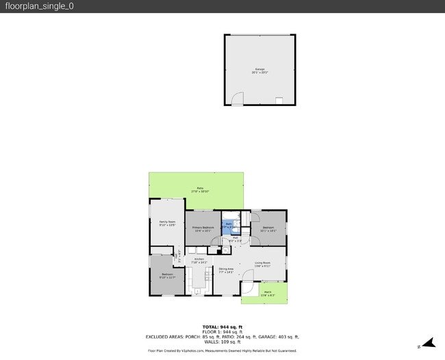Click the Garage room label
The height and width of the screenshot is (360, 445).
pos(260,70)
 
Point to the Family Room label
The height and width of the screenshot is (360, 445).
pos(168,223)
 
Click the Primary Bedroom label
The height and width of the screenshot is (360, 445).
pos(203,229)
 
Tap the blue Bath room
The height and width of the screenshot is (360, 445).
pos(229,226)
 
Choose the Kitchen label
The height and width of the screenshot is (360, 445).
pos(199,260)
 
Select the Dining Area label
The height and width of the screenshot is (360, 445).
pos(226,270)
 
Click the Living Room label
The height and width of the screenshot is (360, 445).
pos(263,264)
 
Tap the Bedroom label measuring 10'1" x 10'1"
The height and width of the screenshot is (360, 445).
pos(267,229)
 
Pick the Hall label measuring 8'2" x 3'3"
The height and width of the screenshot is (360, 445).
pos(234,240)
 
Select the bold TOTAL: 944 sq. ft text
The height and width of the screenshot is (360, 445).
pos(222,326)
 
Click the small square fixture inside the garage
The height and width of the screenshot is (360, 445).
pos(279,101)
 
